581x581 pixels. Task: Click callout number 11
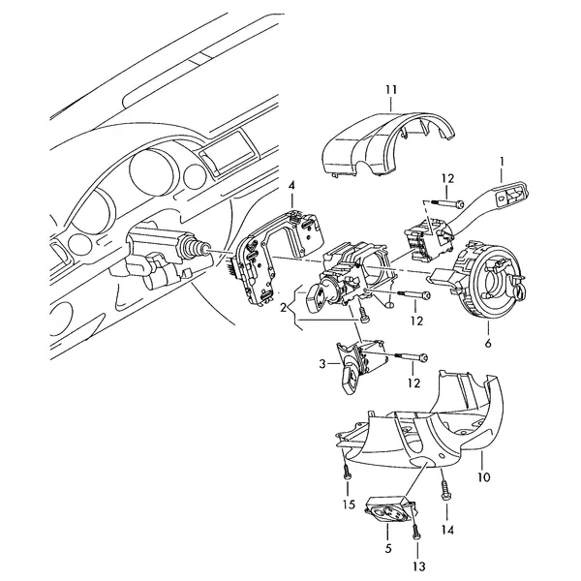tap(391, 90)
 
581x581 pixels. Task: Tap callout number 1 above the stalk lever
tap(502, 162)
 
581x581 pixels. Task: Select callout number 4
tap(292, 186)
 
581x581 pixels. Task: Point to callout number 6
tap(488, 343)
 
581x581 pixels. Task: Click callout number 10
tap(483, 476)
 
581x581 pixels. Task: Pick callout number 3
tap(322, 364)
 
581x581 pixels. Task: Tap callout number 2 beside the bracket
tap(284, 308)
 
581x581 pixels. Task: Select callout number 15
tap(349, 505)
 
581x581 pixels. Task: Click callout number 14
tap(447, 531)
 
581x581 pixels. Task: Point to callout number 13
tap(418, 566)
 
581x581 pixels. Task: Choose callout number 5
tap(388, 548)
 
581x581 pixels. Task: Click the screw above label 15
tap(347, 473)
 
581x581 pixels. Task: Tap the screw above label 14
tap(444, 490)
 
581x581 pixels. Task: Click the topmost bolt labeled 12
tap(446, 203)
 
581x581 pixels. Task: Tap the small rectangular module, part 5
tap(389, 509)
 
